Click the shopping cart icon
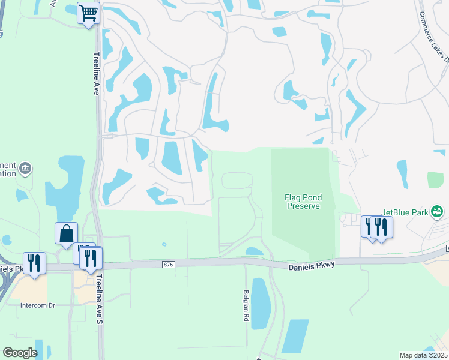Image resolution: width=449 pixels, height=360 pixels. (88, 13)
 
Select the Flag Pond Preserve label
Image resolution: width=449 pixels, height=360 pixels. (301, 202)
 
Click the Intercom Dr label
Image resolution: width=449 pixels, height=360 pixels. (38, 305)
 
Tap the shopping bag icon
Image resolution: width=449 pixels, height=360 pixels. (66, 233)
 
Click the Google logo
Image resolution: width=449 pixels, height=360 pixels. (20, 352)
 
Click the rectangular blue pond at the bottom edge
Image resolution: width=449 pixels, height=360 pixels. (295, 336)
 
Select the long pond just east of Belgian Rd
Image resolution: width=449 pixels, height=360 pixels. (261, 304)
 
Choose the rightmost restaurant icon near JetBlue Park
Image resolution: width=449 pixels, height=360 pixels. (381, 227)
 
